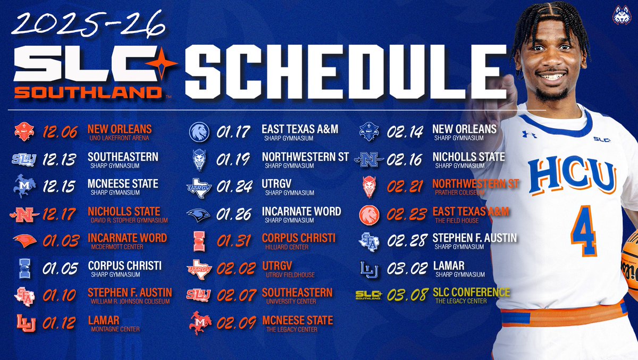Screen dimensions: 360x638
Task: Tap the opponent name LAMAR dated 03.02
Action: (x=450, y=265)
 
